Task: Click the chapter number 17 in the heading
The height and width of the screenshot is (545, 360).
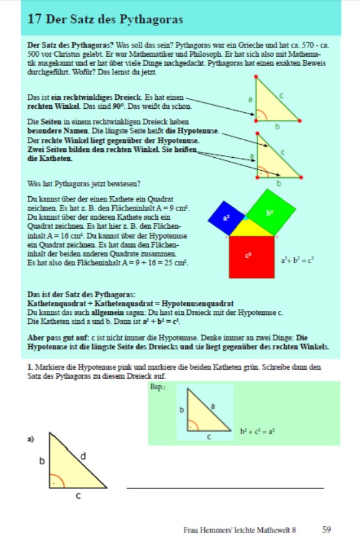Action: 35,19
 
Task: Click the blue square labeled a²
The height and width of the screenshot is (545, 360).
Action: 226,218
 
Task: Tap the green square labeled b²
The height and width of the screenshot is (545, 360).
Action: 271,212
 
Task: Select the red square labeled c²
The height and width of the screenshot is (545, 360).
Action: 252,258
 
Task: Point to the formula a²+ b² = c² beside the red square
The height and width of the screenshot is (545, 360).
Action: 297,260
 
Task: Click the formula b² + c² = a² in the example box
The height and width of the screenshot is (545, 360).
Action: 258,432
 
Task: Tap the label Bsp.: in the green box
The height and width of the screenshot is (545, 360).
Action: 158,387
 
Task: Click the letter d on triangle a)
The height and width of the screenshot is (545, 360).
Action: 83,456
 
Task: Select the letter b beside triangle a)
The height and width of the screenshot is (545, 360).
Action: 42,461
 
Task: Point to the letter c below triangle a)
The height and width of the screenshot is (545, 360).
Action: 78,495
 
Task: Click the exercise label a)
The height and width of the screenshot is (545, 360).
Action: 31,439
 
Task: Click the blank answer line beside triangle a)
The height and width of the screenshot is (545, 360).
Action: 226,488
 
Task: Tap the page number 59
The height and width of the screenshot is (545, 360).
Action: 327,529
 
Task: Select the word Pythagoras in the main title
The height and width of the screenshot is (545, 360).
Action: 151,20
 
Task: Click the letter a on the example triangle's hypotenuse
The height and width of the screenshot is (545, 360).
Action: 213,405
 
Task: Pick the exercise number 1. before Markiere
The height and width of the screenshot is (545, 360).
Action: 30,367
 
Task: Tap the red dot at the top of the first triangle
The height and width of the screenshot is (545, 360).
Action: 256,76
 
